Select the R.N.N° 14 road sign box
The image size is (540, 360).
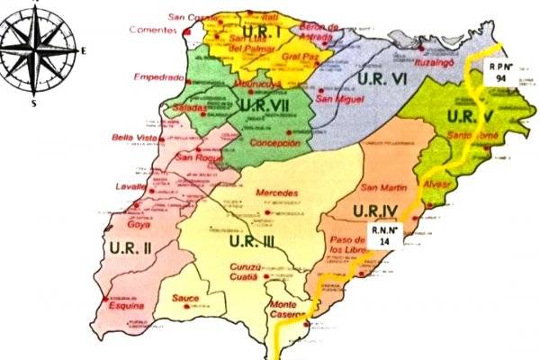(x=379, y=236)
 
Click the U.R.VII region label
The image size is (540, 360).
(x=266, y=106)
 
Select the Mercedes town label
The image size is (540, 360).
(x=276, y=193)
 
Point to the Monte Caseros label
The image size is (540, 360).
(x=290, y=311)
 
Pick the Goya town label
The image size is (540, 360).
(x=139, y=226)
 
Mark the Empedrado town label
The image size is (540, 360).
(x=158, y=78)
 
